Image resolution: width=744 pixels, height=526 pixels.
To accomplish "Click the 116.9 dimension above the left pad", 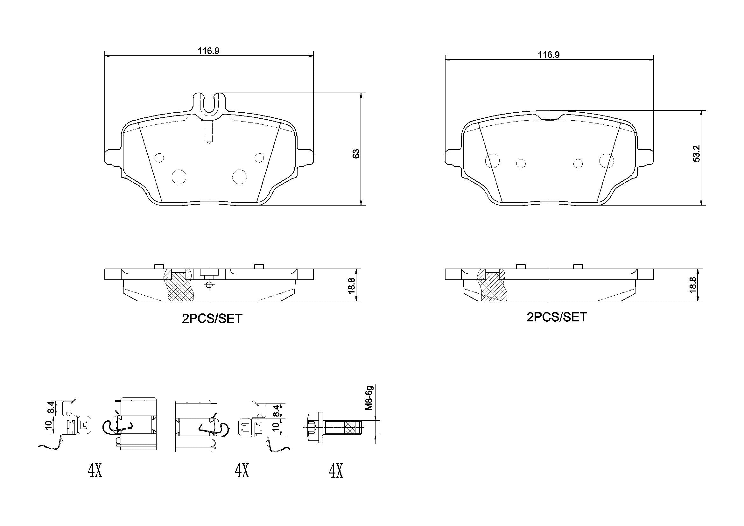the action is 209,51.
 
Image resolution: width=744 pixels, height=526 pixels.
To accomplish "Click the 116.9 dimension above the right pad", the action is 549,55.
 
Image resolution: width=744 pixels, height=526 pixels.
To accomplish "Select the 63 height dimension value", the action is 356,153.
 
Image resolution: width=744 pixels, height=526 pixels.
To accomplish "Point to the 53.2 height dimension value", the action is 697,153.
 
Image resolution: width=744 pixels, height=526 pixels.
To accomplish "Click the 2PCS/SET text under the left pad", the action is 212,319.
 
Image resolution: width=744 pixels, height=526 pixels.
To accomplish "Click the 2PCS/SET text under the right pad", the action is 557,317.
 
